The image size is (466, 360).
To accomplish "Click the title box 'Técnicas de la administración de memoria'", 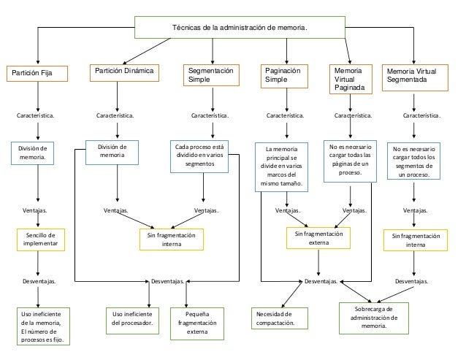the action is coord(240,27).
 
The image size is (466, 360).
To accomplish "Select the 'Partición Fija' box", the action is coord(37,74).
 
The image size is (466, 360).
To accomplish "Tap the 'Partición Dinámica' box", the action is coord(124,73).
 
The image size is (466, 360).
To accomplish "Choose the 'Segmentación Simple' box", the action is coord(211,75).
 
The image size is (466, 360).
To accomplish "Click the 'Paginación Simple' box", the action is coord(284,76).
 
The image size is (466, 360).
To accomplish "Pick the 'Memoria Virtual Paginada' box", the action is coord(351,79).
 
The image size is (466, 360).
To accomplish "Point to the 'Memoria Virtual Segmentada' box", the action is coord(415,77).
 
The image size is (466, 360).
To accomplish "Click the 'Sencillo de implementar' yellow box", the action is coord(41,240).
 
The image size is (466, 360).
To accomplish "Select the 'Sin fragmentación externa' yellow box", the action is coord(318,238).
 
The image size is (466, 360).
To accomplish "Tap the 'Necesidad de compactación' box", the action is coord(280,318).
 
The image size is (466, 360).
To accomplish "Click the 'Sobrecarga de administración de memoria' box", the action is coord(374,318).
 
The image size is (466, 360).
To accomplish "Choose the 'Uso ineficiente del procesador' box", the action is coord(132,321).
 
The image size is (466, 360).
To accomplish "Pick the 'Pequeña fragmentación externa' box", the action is coord(197,323).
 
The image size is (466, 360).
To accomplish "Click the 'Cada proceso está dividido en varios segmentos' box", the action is coord(199,156).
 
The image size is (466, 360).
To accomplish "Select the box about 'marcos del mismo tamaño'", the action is coord(281,167).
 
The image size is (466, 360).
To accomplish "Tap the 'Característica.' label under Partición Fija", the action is coord(35,115).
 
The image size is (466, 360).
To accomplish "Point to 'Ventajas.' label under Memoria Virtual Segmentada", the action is coord(415,210).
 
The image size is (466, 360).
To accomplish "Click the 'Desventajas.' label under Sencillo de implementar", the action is coord(39,281).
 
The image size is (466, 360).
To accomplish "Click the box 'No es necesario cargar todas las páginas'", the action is coord(350,161).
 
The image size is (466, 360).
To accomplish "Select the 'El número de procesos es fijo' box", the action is coord(43,326).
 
